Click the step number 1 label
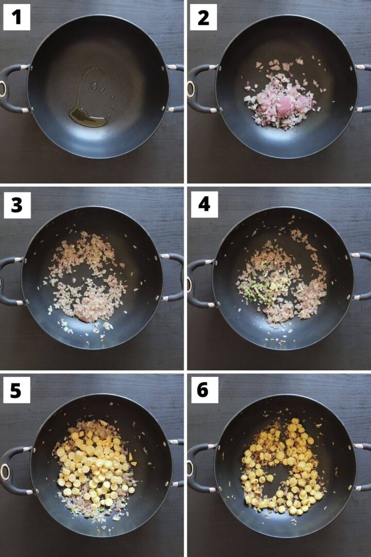[16, 18]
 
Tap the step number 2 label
[203, 18]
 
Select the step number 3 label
[16, 205]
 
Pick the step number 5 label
[16, 391]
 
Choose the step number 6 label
[203, 391]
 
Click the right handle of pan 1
[176, 88]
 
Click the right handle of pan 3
[175, 276]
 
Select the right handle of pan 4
[363, 276]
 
